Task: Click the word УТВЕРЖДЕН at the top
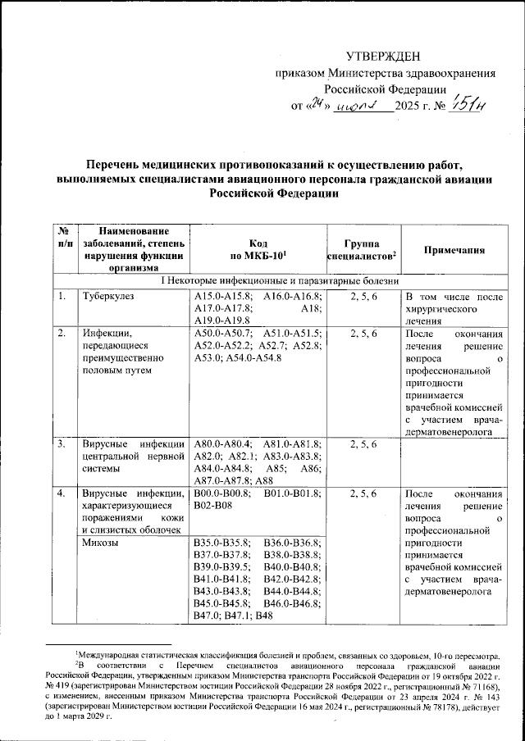point(384,56)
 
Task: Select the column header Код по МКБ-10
point(256,251)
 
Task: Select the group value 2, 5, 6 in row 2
point(363,334)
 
